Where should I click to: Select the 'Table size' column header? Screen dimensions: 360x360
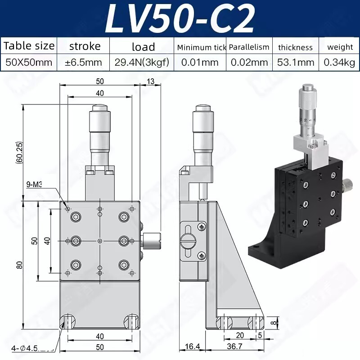pos(29,46)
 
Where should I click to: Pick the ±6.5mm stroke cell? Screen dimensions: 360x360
pos(84,62)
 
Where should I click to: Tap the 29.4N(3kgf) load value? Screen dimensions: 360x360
pos(142,62)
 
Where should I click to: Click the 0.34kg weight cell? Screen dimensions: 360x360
pos(339,62)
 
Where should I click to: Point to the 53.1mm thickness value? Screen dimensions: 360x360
pos(295,62)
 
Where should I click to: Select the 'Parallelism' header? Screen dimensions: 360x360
pos(249,47)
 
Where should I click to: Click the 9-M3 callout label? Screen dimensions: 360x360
pos(35,184)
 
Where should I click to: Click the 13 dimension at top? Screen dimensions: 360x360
pos(150,81)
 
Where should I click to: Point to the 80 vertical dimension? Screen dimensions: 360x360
pos(19,265)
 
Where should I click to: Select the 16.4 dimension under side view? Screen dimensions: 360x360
pos(192,346)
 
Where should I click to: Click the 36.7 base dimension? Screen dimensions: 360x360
pos(234,346)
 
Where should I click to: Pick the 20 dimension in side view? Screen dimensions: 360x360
pos(240,336)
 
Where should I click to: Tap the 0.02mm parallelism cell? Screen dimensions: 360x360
pos(249,62)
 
